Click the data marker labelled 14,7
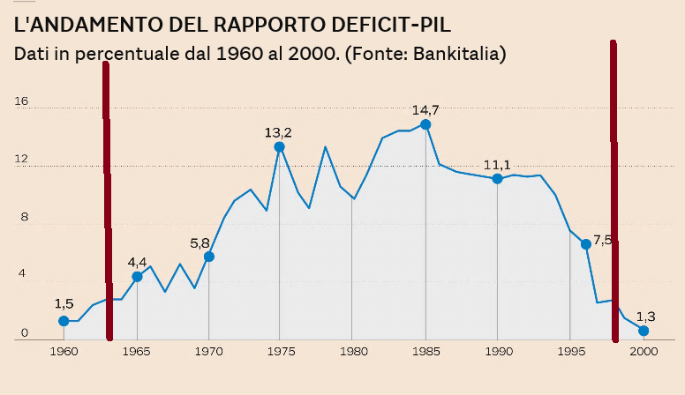425,124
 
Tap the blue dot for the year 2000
644,331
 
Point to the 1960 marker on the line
64,321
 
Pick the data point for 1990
498,179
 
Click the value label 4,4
138,262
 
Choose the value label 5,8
200,242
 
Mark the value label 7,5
602,240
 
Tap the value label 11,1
497,165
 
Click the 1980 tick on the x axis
352,351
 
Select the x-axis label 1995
570,351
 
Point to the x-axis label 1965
137,351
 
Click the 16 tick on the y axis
21,101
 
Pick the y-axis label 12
21,160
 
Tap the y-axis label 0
25,333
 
